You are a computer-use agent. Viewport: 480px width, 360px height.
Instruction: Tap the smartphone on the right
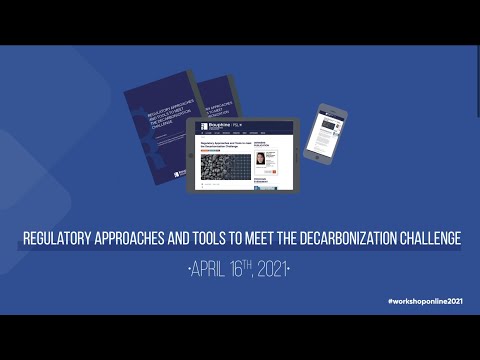(x=325, y=133)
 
